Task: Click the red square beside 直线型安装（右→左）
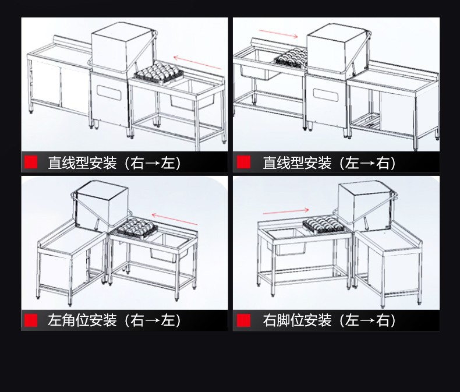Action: point(31,163)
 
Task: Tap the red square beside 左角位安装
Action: point(31,320)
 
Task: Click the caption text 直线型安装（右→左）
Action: point(114,163)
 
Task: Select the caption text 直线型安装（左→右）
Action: point(329,163)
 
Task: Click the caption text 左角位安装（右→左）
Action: point(114,320)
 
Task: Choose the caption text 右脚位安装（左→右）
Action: point(329,320)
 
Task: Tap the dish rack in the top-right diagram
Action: point(291,59)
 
